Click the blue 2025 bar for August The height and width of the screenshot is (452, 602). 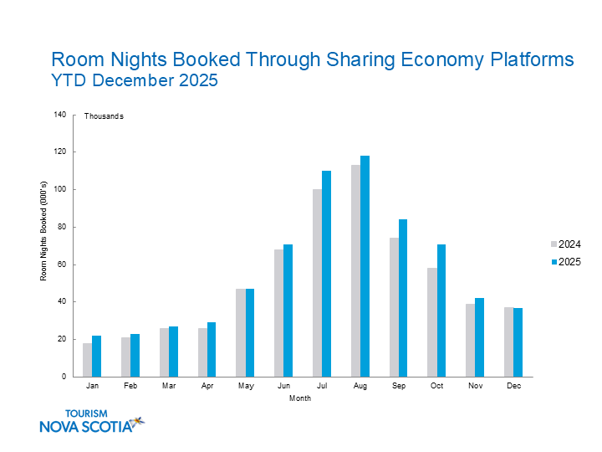(x=365, y=266)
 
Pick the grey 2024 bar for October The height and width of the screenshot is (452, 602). (x=432, y=322)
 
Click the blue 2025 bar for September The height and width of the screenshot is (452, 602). (x=403, y=298)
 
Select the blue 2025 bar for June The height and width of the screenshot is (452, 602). (x=288, y=311)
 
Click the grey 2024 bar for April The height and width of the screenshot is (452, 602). (x=202, y=352)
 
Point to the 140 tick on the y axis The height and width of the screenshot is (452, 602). (x=59, y=115)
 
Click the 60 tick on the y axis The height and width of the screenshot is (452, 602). (x=62, y=265)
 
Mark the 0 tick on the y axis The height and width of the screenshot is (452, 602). (x=64, y=377)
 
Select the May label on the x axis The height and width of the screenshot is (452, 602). (x=245, y=387)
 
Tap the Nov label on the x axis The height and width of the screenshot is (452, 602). (x=475, y=387)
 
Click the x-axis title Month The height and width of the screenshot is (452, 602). (x=300, y=398)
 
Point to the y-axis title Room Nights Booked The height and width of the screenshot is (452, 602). (x=43, y=245)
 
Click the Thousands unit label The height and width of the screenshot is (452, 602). (x=104, y=116)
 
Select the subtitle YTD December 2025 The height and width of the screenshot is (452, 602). (x=135, y=81)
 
